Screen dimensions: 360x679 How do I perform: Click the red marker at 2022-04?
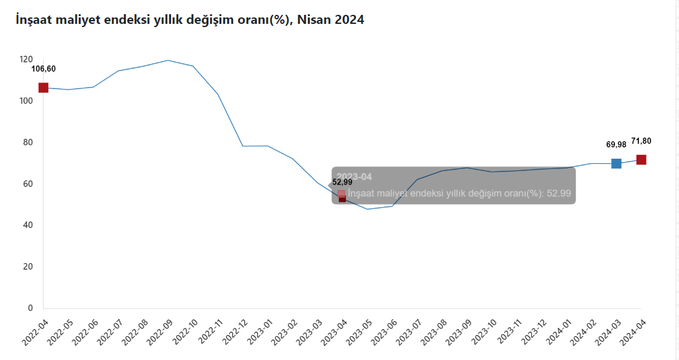43,88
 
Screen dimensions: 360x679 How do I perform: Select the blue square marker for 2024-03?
616,163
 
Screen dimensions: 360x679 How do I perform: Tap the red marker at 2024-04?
641,159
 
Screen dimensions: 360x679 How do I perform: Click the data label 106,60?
43,69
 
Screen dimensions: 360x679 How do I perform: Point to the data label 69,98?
616,145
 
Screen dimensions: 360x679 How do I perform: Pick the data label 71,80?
641,140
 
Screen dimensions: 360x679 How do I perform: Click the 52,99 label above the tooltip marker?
342,182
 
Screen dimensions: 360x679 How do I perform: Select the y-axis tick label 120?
26,59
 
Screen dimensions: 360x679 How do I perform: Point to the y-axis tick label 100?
26,101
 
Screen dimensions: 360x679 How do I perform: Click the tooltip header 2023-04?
354,176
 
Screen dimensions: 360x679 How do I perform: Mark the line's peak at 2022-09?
168,60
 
